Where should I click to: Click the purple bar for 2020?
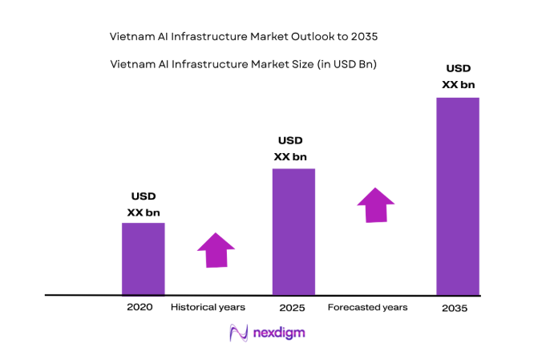coord(143,258)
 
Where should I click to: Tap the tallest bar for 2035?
coord(457,196)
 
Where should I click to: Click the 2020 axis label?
coord(140,306)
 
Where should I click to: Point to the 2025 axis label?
coord(292,307)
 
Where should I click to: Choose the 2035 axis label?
coord(454,308)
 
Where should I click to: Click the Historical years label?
coord(208,306)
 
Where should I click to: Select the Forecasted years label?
coord(368,307)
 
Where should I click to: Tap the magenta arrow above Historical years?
coord(216,250)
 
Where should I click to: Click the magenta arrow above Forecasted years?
coord(375,205)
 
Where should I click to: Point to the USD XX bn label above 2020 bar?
coord(144,204)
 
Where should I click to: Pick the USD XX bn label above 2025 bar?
coord(290,149)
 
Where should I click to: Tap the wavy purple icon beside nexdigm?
coord(238,333)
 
